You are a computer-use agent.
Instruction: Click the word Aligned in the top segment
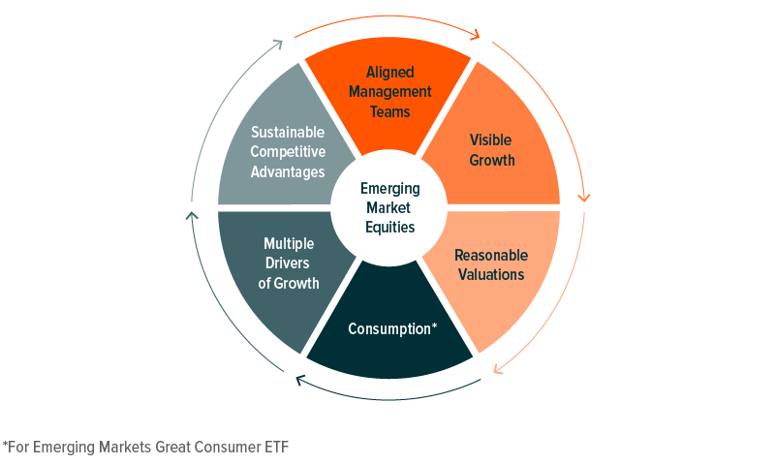[x=390, y=73]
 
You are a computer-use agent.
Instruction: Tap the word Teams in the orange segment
[x=390, y=111]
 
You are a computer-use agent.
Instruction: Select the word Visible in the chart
[x=490, y=140]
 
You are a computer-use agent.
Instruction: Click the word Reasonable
[x=491, y=255]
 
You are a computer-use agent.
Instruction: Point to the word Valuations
[x=491, y=274]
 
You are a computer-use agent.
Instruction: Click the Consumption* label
[x=392, y=329]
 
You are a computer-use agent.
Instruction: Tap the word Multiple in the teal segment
[x=289, y=244]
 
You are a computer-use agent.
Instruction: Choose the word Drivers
[x=288, y=263]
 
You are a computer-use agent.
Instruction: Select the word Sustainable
[x=288, y=133]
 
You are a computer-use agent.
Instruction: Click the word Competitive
[x=288, y=152]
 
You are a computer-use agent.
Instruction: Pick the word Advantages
[x=288, y=172]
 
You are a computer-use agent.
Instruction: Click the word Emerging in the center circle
[x=390, y=189]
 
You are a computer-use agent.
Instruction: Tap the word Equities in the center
[x=390, y=227]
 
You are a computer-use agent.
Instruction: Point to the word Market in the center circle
[x=388, y=207]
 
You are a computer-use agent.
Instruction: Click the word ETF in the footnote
[x=277, y=448]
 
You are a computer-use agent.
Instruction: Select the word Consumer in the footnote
[x=227, y=448]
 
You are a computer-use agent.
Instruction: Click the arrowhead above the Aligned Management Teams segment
[x=476, y=34]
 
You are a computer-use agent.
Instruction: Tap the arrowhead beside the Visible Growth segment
[x=584, y=198]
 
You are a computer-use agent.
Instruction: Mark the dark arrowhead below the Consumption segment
[x=300, y=380]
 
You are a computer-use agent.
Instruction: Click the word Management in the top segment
[x=390, y=92]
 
